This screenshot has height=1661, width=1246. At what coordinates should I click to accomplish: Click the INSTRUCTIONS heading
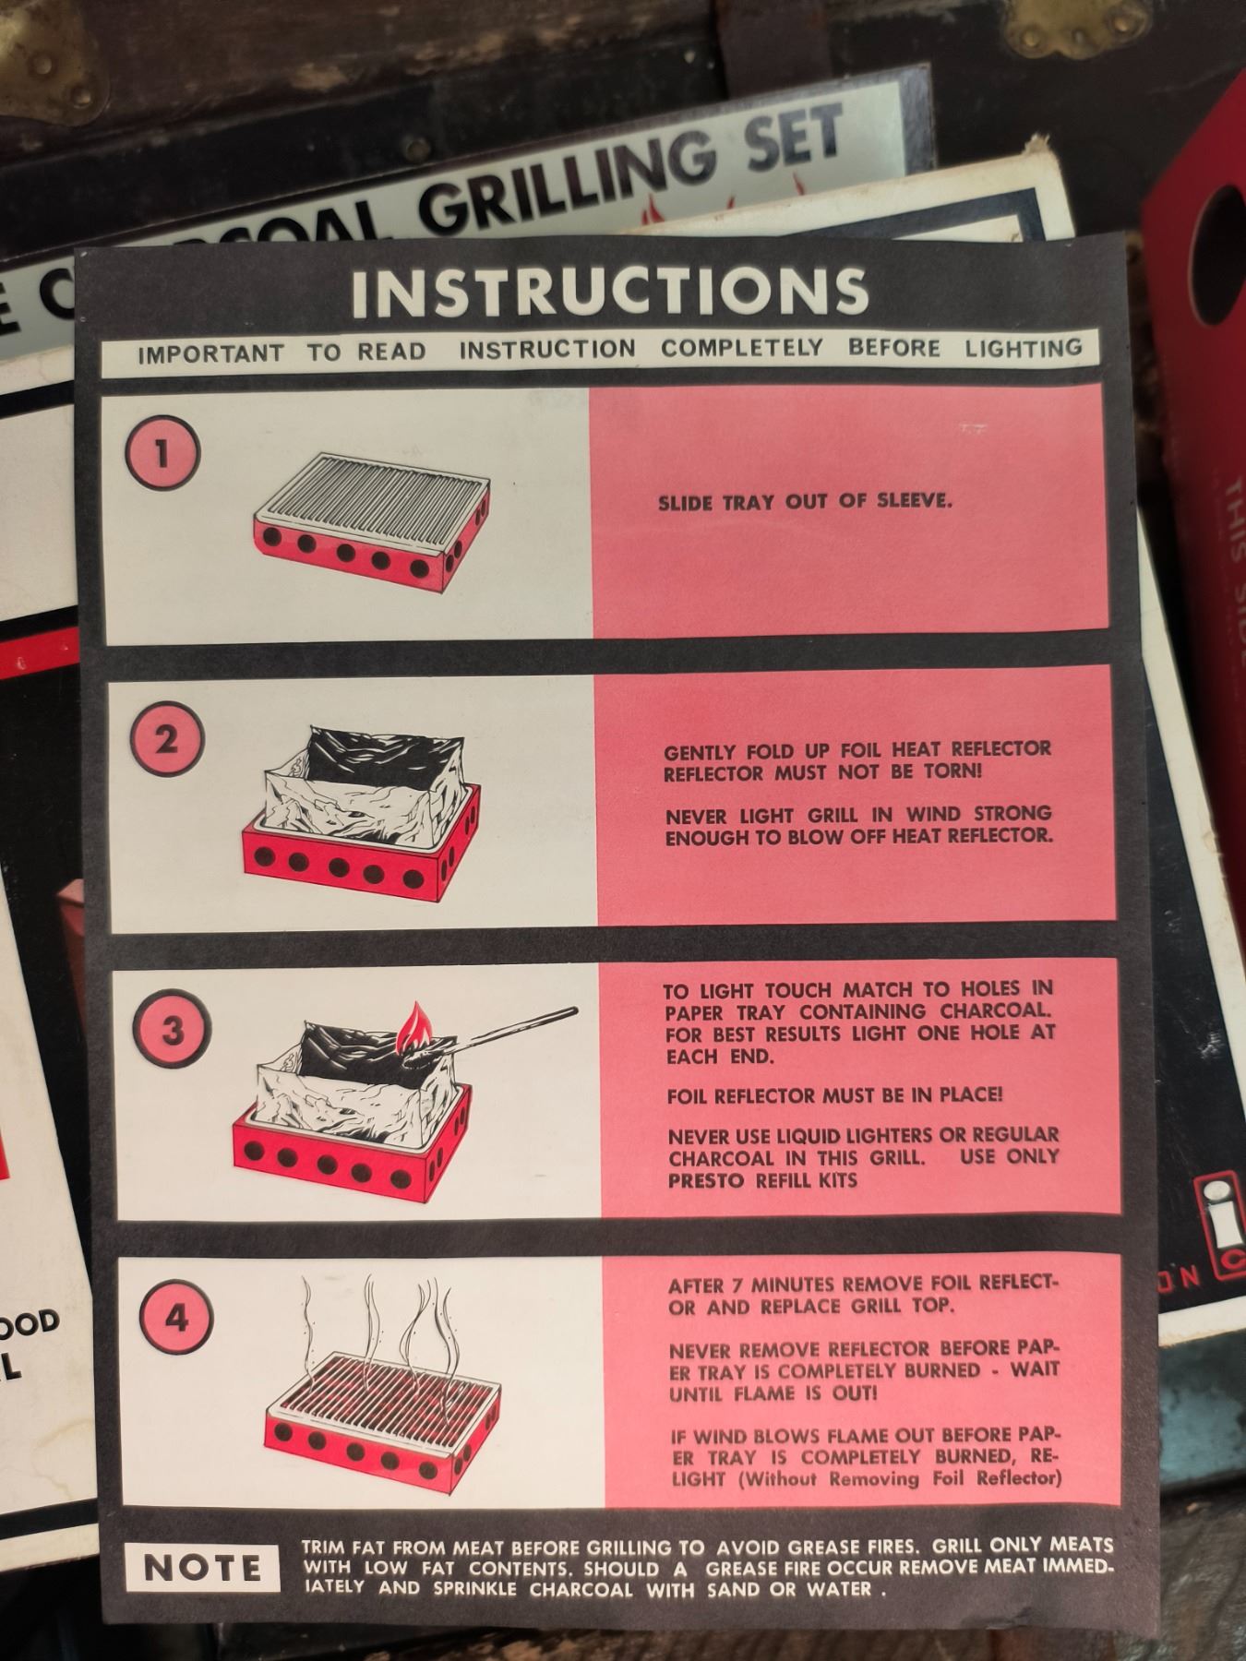(610, 291)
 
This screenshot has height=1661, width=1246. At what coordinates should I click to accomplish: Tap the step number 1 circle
(162, 453)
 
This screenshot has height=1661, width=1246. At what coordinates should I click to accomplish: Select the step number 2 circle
(167, 741)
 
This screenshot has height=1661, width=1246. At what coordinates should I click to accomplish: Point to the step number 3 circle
(172, 1031)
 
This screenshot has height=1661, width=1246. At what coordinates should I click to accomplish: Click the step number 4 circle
(176, 1319)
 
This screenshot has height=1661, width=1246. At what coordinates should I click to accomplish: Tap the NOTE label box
(202, 1568)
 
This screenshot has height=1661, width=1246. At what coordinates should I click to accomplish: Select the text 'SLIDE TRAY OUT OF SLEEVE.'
(805, 502)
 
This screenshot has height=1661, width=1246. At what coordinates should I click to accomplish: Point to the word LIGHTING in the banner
(1024, 348)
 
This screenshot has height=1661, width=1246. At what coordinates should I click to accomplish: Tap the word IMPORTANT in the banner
(210, 353)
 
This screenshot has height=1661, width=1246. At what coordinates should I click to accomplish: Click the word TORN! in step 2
(952, 771)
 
